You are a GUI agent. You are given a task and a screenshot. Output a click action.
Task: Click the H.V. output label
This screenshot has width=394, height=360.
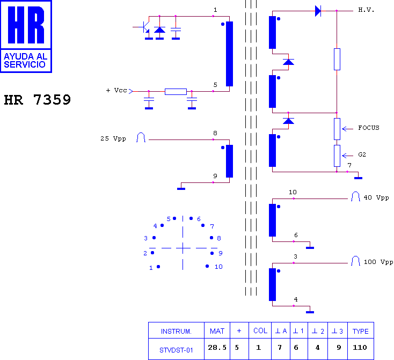click(x=366, y=10)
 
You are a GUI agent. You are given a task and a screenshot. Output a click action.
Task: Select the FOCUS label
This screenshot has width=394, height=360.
click(x=369, y=128)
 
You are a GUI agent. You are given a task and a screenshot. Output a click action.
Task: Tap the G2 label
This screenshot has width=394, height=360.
click(x=362, y=155)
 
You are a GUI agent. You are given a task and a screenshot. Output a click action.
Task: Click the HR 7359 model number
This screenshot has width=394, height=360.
click(x=38, y=100)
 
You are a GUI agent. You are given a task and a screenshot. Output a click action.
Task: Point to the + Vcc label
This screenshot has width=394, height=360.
click(x=116, y=90)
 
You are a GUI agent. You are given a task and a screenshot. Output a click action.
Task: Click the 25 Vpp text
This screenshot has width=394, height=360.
click(x=113, y=138)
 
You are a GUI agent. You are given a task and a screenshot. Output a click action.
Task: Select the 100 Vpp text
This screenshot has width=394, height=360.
click(x=378, y=262)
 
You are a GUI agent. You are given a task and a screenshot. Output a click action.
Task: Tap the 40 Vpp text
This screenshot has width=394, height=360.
click(x=376, y=198)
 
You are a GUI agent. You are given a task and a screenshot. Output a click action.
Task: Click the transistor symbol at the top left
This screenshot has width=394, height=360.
click(x=144, y=27)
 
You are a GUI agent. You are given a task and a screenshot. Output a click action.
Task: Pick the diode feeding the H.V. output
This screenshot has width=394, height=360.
click(x=318, y=11)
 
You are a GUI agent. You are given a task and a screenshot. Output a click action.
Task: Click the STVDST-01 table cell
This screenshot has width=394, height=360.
click(x=176, y=350)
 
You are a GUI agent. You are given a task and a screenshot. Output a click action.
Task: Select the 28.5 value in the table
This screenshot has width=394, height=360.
click(x=217, y=348)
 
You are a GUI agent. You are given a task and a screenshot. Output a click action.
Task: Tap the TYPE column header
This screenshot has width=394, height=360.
click(x=360, y=332)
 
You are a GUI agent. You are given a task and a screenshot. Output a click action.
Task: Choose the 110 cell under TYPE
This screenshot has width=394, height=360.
click(x=360, y=348)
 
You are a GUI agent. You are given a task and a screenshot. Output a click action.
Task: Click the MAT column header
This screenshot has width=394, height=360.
click(x=217, y=331)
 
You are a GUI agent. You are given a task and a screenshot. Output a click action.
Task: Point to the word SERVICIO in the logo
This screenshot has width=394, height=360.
click(x=25, y=64)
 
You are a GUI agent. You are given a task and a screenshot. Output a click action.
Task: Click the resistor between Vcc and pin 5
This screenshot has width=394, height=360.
click(x=176, y=91)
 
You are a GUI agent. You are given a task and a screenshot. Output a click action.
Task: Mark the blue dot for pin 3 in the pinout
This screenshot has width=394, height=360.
click(x=154, y=238)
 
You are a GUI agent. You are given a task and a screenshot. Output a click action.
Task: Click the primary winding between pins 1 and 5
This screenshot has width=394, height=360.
click(x=229, y=54)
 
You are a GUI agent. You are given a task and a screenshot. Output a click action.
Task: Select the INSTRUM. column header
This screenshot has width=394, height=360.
click(x=176, y=332)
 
